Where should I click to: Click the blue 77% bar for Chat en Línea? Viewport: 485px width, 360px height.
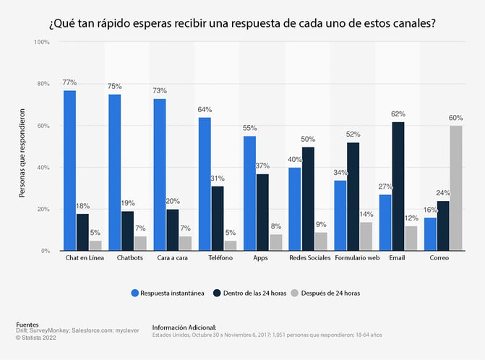tap(69, 171)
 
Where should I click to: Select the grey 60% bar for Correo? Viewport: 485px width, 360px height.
tap(456, 188)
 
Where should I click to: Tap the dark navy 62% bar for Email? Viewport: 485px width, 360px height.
tap(397, 187)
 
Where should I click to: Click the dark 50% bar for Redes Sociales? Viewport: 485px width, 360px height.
tap(309, 199)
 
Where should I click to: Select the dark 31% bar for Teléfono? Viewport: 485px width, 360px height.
tap(218, 218)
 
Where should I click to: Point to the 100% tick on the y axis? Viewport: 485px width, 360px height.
tap(41, 43)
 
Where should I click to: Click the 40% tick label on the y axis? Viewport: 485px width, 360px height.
tap(43, 168)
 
